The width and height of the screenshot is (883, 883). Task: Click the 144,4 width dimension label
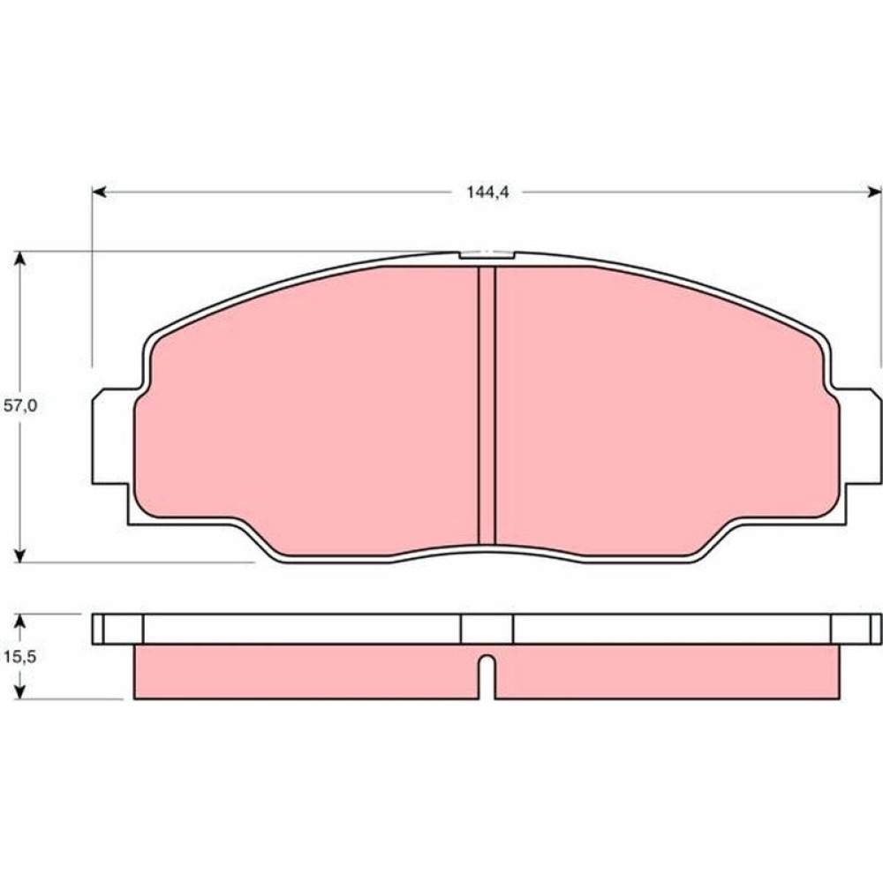click(487, 192)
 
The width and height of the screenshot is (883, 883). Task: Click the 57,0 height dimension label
click(20, 405)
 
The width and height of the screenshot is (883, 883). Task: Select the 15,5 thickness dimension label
click(19, 656)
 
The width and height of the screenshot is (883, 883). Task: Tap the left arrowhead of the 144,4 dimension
click(99, 192)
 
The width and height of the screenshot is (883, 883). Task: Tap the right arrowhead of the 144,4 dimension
click(874, 192)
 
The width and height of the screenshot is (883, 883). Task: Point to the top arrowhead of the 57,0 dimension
click(19, 259)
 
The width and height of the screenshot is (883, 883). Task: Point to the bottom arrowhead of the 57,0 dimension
click(19, 555)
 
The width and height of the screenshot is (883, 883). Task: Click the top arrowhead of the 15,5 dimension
click(19, 621)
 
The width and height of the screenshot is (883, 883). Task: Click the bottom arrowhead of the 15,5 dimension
click(19, 692)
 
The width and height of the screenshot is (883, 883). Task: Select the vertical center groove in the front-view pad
click(487, 405)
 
